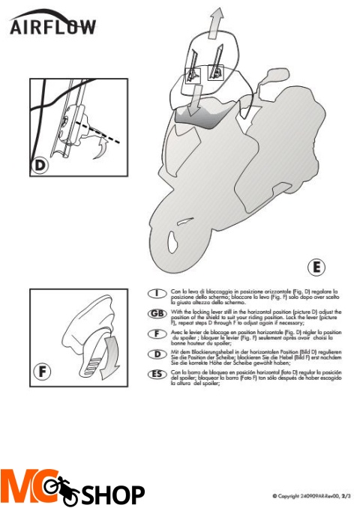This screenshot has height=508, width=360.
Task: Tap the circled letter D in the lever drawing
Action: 43,165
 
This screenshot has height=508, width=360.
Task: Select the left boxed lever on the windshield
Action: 193,74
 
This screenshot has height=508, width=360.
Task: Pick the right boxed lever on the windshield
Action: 217,72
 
